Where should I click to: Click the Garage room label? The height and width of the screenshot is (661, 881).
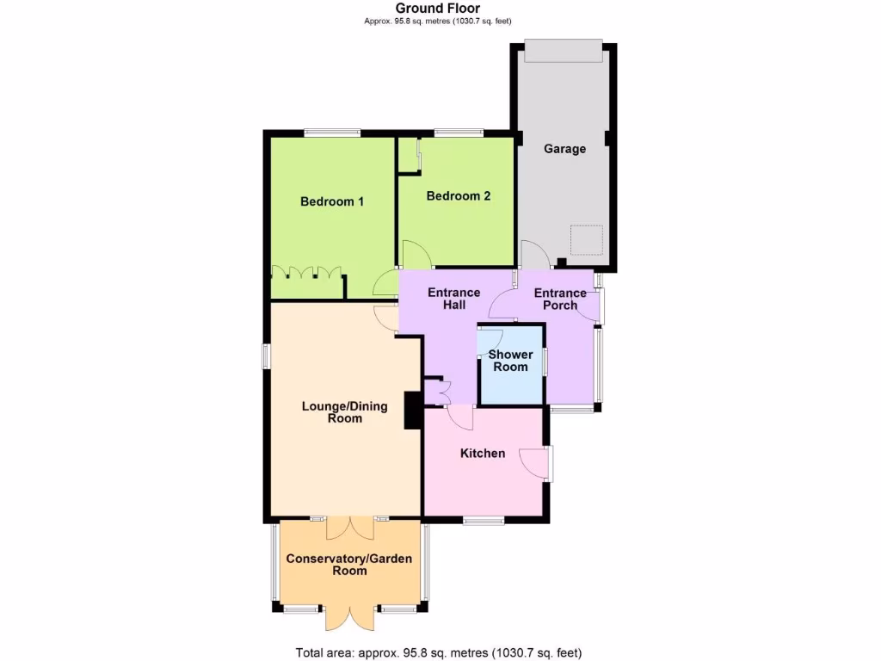[x=564, y=149]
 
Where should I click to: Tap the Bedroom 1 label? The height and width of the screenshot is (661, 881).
[x=332, y=201]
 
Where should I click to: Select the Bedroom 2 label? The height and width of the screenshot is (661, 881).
[x=459, y=195]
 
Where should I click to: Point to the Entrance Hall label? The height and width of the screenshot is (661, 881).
[x=454, y=299]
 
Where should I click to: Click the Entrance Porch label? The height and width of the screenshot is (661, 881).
[x=560, y=299]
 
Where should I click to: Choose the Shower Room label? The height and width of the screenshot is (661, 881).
[x=510, y=361]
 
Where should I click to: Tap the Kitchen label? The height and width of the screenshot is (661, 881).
[x=483, y=454]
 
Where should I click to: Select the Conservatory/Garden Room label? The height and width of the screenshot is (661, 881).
[x=349, y=565]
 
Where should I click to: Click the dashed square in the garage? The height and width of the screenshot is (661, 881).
[x=588, y=240]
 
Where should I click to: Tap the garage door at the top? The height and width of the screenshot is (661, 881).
[x=564, y=52]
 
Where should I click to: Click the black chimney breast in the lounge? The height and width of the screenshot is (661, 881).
[x=413, y=410]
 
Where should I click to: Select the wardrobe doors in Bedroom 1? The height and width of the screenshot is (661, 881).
[x=305, y=273]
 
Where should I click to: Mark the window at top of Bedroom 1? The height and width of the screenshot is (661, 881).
[x=332, y=133]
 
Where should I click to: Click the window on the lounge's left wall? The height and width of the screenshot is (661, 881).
[x=266, y=355]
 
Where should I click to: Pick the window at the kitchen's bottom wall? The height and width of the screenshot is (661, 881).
[x=483, y=520]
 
